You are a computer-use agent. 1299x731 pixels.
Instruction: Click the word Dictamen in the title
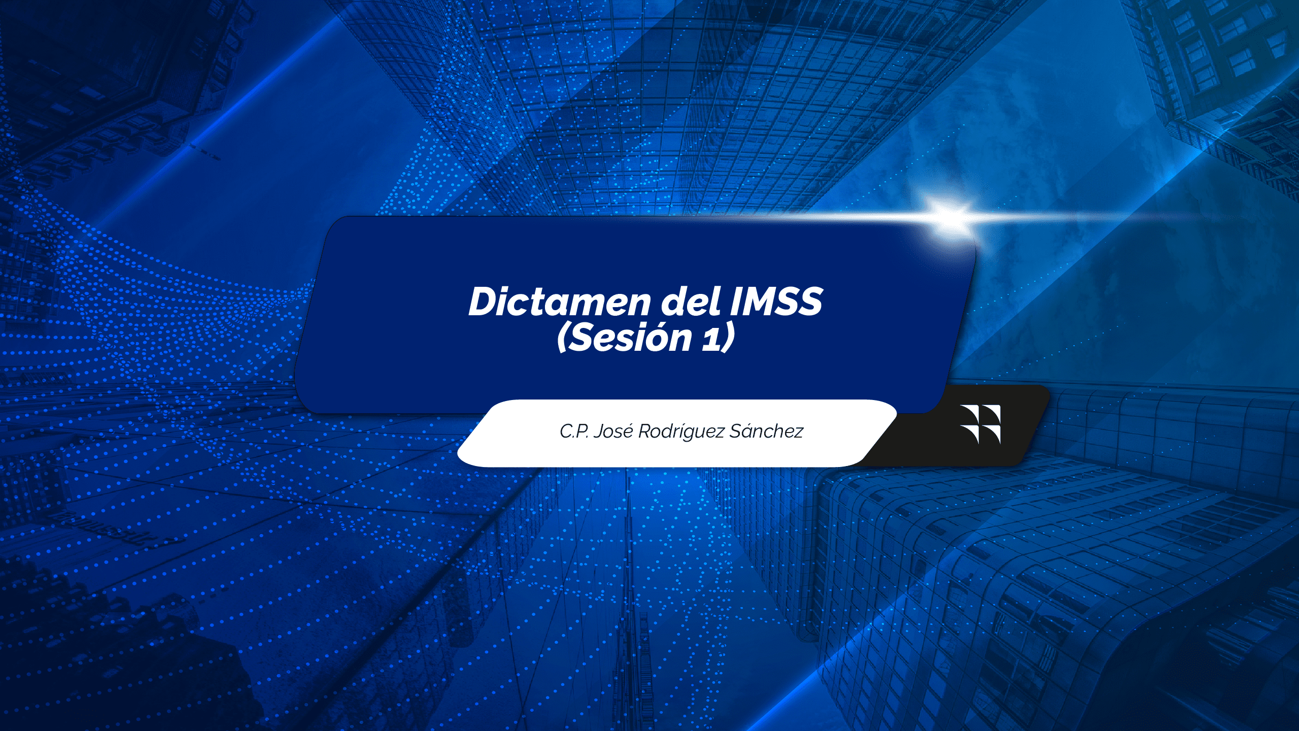point(559,302)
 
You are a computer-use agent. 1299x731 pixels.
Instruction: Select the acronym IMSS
point(776,302)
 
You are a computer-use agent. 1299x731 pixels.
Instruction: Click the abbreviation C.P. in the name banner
point(574,431)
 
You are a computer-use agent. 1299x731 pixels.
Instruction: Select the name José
point(613,431)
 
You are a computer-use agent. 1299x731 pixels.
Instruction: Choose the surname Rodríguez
point(681,432)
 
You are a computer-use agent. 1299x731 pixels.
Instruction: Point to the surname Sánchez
point(766,431)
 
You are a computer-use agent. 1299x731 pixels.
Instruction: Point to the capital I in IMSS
point(736,302)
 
